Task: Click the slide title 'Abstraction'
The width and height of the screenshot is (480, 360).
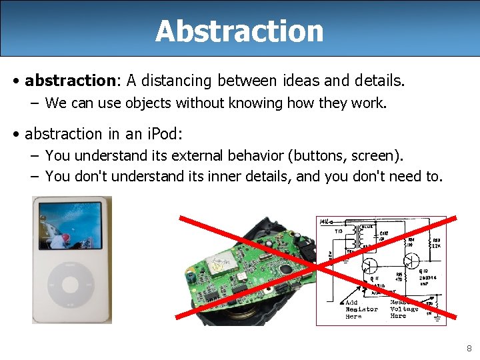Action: point(239,31)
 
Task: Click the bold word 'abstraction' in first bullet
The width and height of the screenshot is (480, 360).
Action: point(70,81)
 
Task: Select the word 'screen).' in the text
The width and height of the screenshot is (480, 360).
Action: point(377,156)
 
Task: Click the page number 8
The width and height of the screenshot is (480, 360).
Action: point(469,348)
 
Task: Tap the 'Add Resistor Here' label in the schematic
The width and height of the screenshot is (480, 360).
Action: point(361,309)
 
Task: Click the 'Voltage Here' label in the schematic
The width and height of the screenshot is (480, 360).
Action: point(404,311)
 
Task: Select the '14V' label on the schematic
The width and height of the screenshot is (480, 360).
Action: point(325,221)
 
